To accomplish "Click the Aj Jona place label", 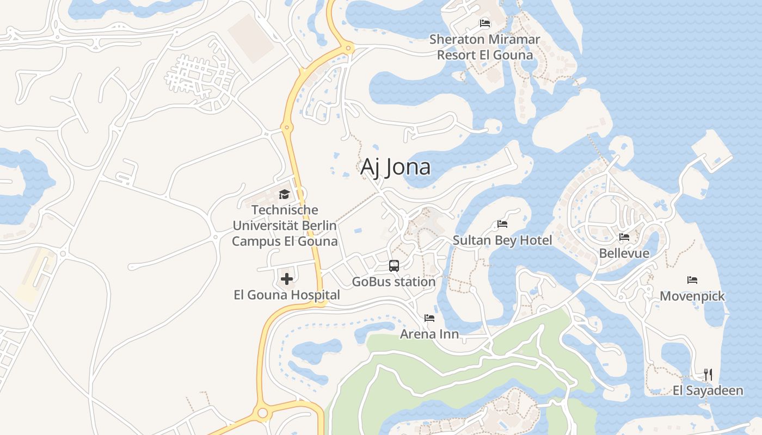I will coord(395,167).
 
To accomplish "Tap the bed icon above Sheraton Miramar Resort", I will coord(484,23).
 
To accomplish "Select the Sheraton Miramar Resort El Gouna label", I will coord(484,47).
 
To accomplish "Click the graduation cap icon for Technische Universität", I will coord(284,194).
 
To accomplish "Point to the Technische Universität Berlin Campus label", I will coord(285,225).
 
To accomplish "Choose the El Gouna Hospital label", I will coord(287,295).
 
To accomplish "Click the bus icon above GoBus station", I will coord(394,266).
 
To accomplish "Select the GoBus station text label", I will coord(394,282).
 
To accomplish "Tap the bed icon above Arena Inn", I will coord(429,318).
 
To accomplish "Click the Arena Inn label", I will coord(429,334).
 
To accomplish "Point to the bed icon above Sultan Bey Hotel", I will coord(502,224).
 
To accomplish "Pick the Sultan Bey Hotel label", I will coord(502,240).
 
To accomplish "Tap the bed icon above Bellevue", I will coord(624,237).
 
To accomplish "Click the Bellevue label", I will coord(624,253).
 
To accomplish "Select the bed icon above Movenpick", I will coord(692,280).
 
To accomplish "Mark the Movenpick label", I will coord(692,296).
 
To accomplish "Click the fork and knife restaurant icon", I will coord(708,374).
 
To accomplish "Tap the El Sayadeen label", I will coord(708,390).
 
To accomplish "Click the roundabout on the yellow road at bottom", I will coord(263,413).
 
